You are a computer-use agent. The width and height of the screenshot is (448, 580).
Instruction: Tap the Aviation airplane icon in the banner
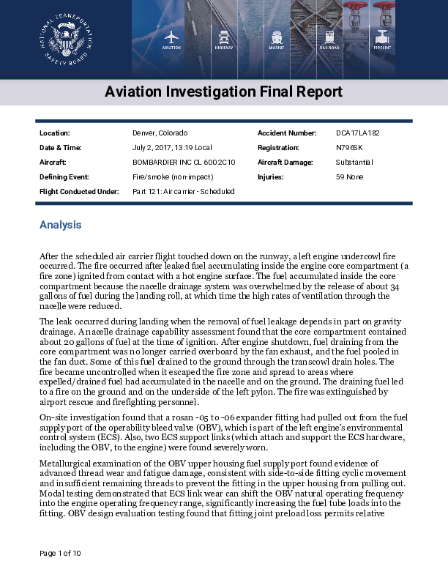pyautogui.click(x=171, y=38)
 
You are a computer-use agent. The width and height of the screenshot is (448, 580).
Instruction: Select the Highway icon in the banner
pyautogui.click(x=223, y=38)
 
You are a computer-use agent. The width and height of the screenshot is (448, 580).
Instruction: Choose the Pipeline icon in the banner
pyautogui.click(x=382, y=38)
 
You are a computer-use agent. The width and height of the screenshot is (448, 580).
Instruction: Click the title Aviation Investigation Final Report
pyautogui.click(x=223, y=92)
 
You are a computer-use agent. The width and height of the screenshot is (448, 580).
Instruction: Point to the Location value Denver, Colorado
pyautogui.click(x=160, y=133)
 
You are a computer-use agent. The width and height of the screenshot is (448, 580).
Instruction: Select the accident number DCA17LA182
pyautogui.click(x=358, y=133)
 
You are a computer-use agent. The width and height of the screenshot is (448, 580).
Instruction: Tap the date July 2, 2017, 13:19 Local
pyautogui.click(x=172, y=147)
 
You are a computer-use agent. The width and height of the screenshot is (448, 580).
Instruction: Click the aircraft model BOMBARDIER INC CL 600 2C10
pyautogui.click(x=184, y=162)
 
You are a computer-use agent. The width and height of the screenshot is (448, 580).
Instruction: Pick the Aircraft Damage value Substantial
pyautogui.click(x=354, y=162)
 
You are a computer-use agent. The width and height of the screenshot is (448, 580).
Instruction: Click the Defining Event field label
pyautogui.click(x=64, y=176)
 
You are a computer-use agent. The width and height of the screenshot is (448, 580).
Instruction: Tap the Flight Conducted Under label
pyautogui.click(x=78, y=191)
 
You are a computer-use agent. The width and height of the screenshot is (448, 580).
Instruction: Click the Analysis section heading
pyautogui.click(x=60, y=225)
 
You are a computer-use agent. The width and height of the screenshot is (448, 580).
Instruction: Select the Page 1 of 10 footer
pyautogui.click(x=60, y=552)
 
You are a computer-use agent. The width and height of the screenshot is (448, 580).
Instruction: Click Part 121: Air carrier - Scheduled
pyautogui.click(x=183, y=191)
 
